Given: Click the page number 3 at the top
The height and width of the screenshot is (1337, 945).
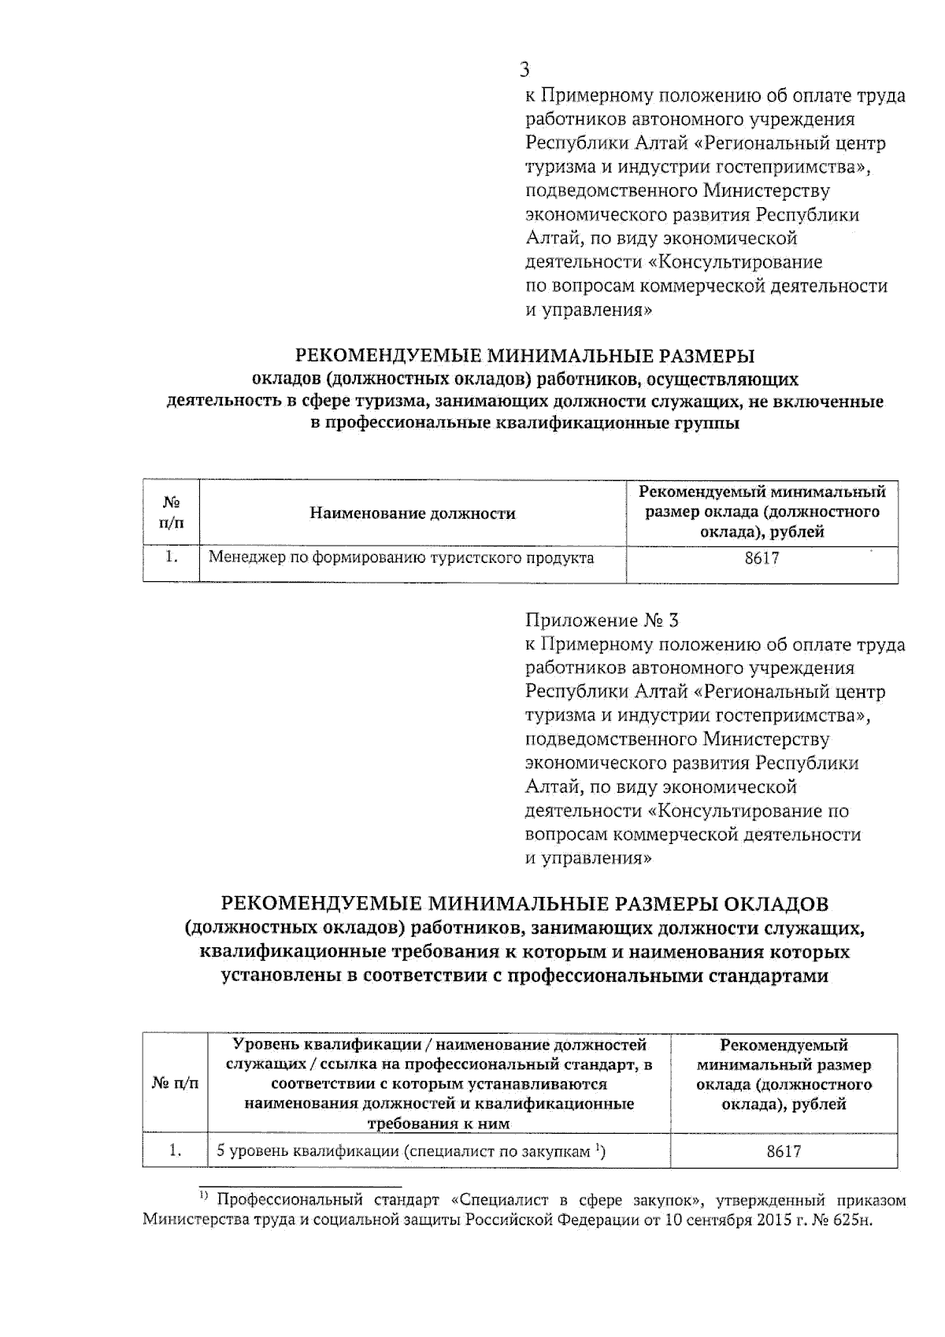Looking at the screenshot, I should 524,70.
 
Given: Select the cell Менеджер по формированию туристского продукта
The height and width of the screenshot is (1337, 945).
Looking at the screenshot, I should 401,558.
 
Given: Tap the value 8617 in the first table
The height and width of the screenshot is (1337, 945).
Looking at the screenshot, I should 762,559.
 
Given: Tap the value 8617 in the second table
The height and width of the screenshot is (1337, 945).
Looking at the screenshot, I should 784,1151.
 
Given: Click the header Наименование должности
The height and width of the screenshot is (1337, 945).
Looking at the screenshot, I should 412,513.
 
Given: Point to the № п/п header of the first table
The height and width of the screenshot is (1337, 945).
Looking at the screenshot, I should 171,512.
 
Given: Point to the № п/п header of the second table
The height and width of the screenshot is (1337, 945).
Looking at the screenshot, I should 175,1083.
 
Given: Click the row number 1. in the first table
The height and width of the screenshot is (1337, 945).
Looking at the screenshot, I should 171,557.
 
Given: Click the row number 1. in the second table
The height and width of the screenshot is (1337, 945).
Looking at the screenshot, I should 176,1151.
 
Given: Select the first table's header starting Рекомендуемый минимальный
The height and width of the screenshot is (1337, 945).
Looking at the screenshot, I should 762,512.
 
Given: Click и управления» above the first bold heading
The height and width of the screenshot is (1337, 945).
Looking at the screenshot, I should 588,309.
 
